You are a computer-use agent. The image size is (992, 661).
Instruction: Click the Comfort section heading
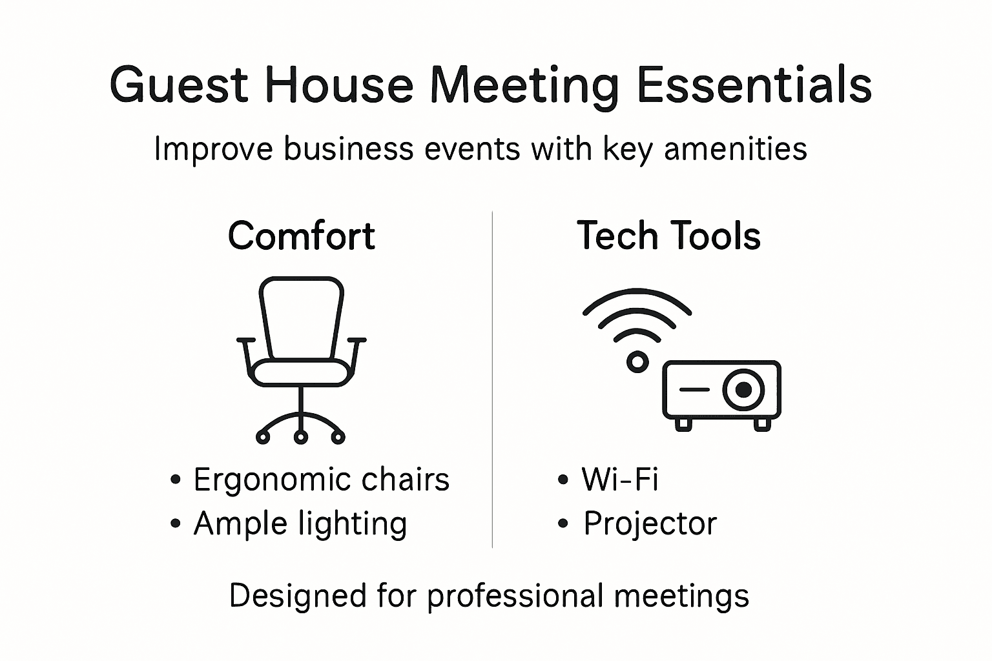301,236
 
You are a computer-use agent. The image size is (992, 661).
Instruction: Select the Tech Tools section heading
668,236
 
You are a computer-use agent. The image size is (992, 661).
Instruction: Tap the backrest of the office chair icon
301,316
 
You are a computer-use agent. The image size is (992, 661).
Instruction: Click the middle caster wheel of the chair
300,438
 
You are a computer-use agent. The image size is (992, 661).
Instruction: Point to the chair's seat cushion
301,373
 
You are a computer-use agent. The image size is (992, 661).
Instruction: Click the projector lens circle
743,389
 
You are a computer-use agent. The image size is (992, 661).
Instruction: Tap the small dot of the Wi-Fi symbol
637,362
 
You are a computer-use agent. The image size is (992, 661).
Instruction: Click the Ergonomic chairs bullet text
321,480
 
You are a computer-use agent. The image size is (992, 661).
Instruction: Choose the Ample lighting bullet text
300,524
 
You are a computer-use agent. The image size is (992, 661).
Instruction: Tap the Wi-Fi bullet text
619,480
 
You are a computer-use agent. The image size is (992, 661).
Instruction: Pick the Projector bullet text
650,524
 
